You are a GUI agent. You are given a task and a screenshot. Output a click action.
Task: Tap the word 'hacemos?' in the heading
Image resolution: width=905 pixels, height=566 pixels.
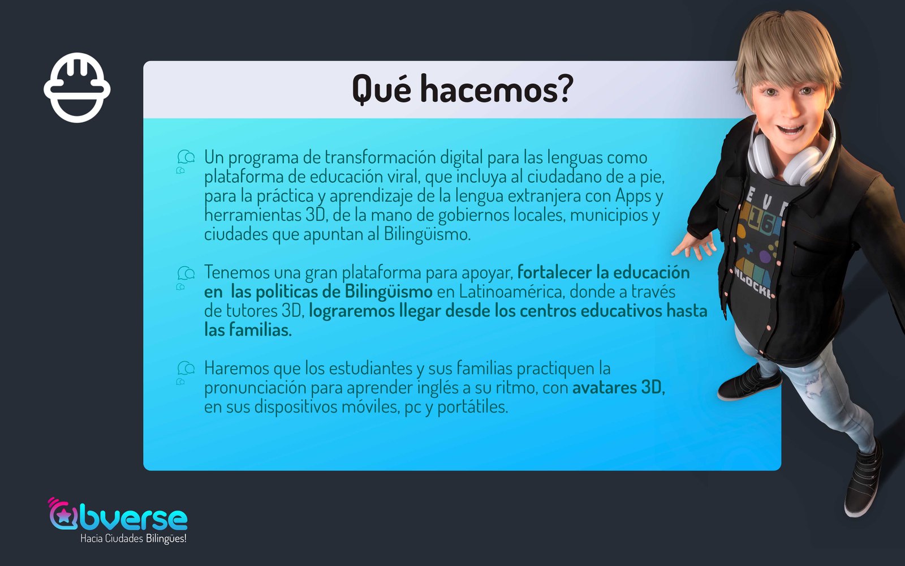pyautogui.click(x=497, y=88)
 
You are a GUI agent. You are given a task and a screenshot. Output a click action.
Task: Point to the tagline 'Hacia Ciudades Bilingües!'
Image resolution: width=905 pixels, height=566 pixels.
pyautogui.click(x=133, y=538)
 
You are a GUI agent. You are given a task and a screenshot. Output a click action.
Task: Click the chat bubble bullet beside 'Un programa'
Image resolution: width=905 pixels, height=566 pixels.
pyautogui.click(x=186, y=161)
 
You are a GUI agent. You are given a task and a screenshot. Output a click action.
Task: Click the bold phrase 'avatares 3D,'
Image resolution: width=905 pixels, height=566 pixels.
pyautogui.click(x=619, y=387)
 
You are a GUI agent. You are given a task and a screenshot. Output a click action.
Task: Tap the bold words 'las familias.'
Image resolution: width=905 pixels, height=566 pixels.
pyautogui.click(x=248, y=330)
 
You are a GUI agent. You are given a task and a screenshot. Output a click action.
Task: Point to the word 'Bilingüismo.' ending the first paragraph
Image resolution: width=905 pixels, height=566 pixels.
pyautogui.click(x=427, y=234)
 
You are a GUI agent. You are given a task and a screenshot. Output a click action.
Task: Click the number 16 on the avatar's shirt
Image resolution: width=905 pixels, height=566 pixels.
pyautogui.click(x=761, y=221)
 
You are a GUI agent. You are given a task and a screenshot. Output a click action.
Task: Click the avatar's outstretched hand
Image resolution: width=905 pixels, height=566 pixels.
pyautogui.click(x=693, y=245)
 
